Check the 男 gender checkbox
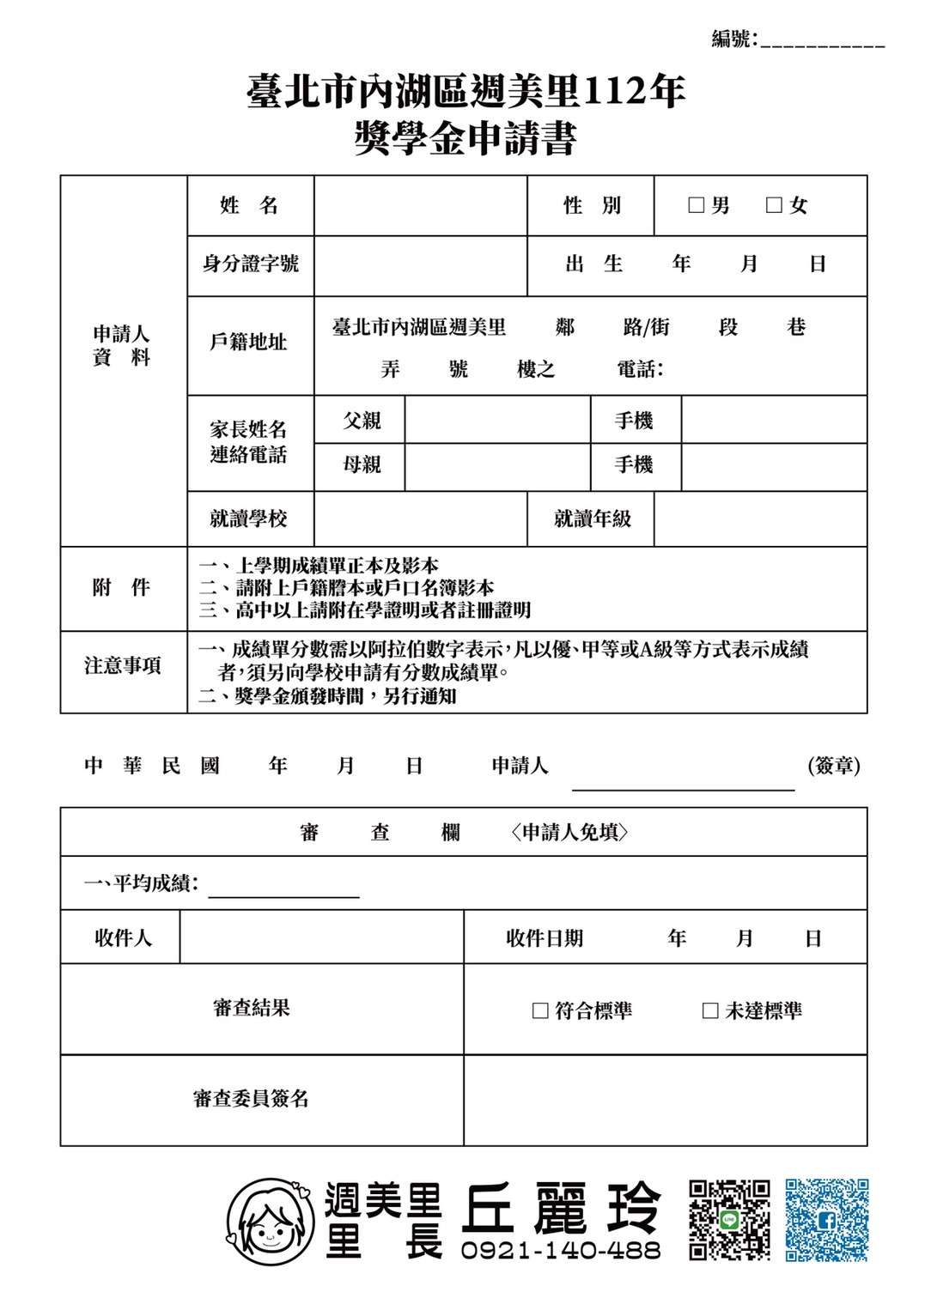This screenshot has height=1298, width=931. click(697, 205)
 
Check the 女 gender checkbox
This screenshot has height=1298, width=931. click(774, 205)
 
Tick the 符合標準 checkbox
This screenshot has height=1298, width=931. click(540, 1010)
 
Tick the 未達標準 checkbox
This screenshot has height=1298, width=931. click(710, 1010)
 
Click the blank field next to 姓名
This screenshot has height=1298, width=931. click(420, 206)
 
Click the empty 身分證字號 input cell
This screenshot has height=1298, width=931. click(420, 265)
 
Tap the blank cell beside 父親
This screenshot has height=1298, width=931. click(497, 420)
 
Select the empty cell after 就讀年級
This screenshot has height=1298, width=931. click(760, 519)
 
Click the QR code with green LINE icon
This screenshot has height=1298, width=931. click(729, 1220)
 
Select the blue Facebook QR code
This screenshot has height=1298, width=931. click(827, 1220)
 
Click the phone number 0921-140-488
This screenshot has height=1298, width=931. click(560, 1250)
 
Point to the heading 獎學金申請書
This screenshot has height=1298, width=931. click(465, 138)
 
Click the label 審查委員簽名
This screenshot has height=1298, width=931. click(251, 1098)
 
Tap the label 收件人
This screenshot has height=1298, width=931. click(123, 937)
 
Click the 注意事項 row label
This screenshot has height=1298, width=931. click(123, 665)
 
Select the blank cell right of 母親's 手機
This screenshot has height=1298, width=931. click(774, 466)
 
